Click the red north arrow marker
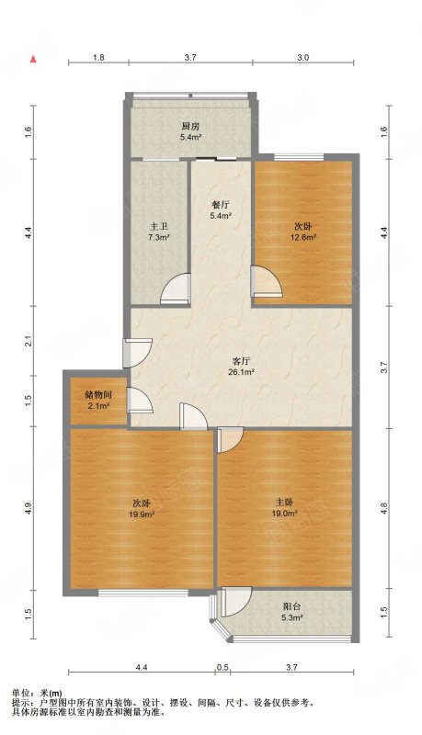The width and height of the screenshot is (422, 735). [33, 59]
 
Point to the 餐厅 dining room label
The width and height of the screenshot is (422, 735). [220, 205]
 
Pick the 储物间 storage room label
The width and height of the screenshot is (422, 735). [98, 394]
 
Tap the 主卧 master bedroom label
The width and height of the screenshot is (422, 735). [285, 502]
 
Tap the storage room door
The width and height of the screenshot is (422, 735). [140, 401]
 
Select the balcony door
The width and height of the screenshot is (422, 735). [237, 603]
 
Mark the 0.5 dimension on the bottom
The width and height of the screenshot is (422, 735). [223, 668]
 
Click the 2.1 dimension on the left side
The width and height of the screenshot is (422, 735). [29, 341]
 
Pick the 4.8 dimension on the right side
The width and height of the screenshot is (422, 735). [384, 508]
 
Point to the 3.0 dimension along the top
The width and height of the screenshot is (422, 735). [303, 58]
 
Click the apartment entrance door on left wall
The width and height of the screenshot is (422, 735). [137, 353]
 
